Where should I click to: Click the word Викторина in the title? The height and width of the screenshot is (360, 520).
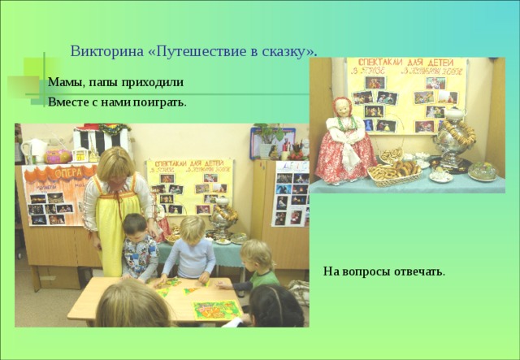click(x=101, y=50)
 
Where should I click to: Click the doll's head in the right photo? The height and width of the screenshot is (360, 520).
click(x=343, y=107)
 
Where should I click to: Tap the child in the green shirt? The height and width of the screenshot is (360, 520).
click(x=258, y=264)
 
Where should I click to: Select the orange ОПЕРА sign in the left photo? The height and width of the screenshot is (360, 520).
click(x=50, y=174)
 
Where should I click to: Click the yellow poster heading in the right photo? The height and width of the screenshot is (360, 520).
click(x=405, y=65)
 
